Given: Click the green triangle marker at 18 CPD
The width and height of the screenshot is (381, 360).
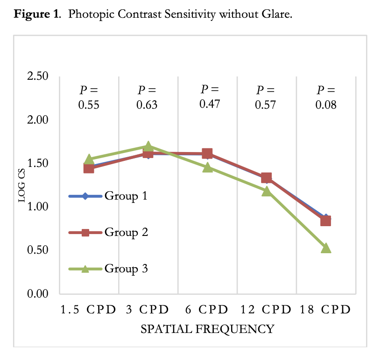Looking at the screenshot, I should tap(326, 248).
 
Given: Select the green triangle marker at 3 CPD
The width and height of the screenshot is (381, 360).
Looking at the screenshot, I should tap(148, 146).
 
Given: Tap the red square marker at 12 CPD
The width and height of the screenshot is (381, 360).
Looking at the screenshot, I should tap(267, 178).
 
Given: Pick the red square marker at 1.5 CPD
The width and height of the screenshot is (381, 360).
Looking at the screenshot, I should tap(89, 168).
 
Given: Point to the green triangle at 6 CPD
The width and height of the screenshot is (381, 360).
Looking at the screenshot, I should tap(207, 167).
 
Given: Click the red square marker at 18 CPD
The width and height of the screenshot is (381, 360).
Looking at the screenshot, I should tap(326, 221).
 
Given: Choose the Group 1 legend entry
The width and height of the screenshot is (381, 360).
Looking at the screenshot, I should tap(108, 196).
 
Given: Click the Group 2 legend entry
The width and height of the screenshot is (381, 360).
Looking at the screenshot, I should tap(108, 232).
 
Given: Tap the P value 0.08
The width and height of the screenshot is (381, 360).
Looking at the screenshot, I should tap(326, 105).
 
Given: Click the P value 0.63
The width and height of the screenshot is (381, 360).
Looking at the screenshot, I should tap(147, 105).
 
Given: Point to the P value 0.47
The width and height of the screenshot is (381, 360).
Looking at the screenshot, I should tap(210, 104).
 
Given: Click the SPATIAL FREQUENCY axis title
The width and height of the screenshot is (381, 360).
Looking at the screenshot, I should tap(207, 329).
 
